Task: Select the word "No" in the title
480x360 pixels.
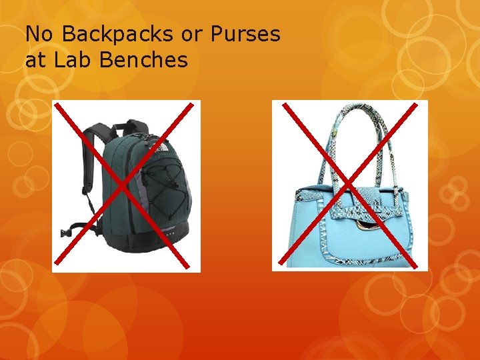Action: click(x=37, y=34)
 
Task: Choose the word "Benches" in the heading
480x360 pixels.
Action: click(x=143, y=61)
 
